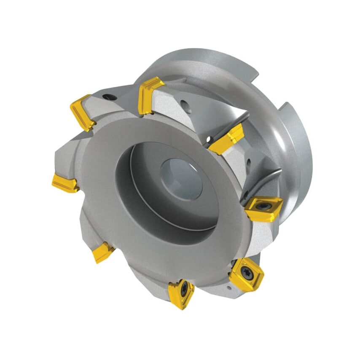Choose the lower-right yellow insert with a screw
tap(247, 274)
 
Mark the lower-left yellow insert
tap(102, 252)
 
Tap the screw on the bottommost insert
tap(184, 290)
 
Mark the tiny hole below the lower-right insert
tap(228, 288)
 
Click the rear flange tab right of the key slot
tap(299, 139)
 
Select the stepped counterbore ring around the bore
tap(139, 185)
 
